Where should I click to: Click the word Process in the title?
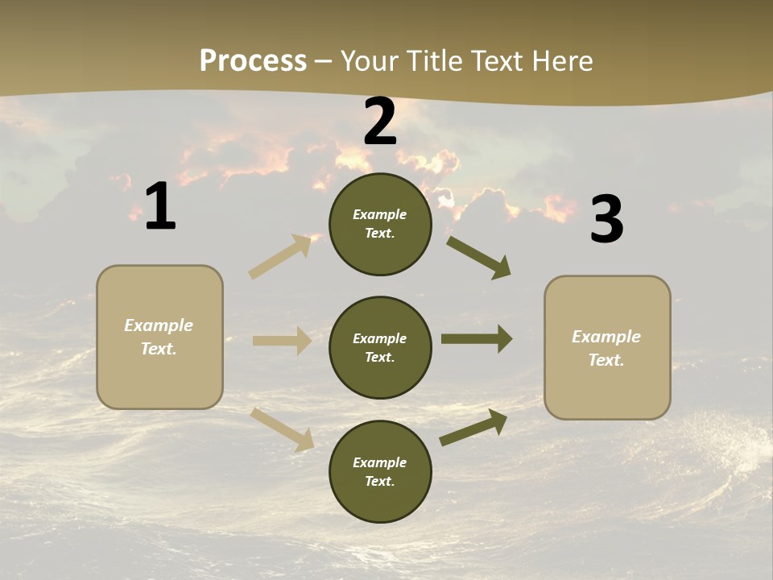coord(253,61)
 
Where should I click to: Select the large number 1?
coord(160,206)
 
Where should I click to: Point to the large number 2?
coord(380,122)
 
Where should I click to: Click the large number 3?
coord(606,219)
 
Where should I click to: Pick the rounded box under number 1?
coord(159,379)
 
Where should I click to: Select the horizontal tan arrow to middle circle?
coord(283,341)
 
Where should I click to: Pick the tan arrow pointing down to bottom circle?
coord(283,429)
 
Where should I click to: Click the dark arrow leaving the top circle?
coord(478,257)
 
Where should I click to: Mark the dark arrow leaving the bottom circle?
coord(473,427)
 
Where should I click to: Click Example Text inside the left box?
coord(159,337)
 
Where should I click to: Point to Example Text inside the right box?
coord(606,348)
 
